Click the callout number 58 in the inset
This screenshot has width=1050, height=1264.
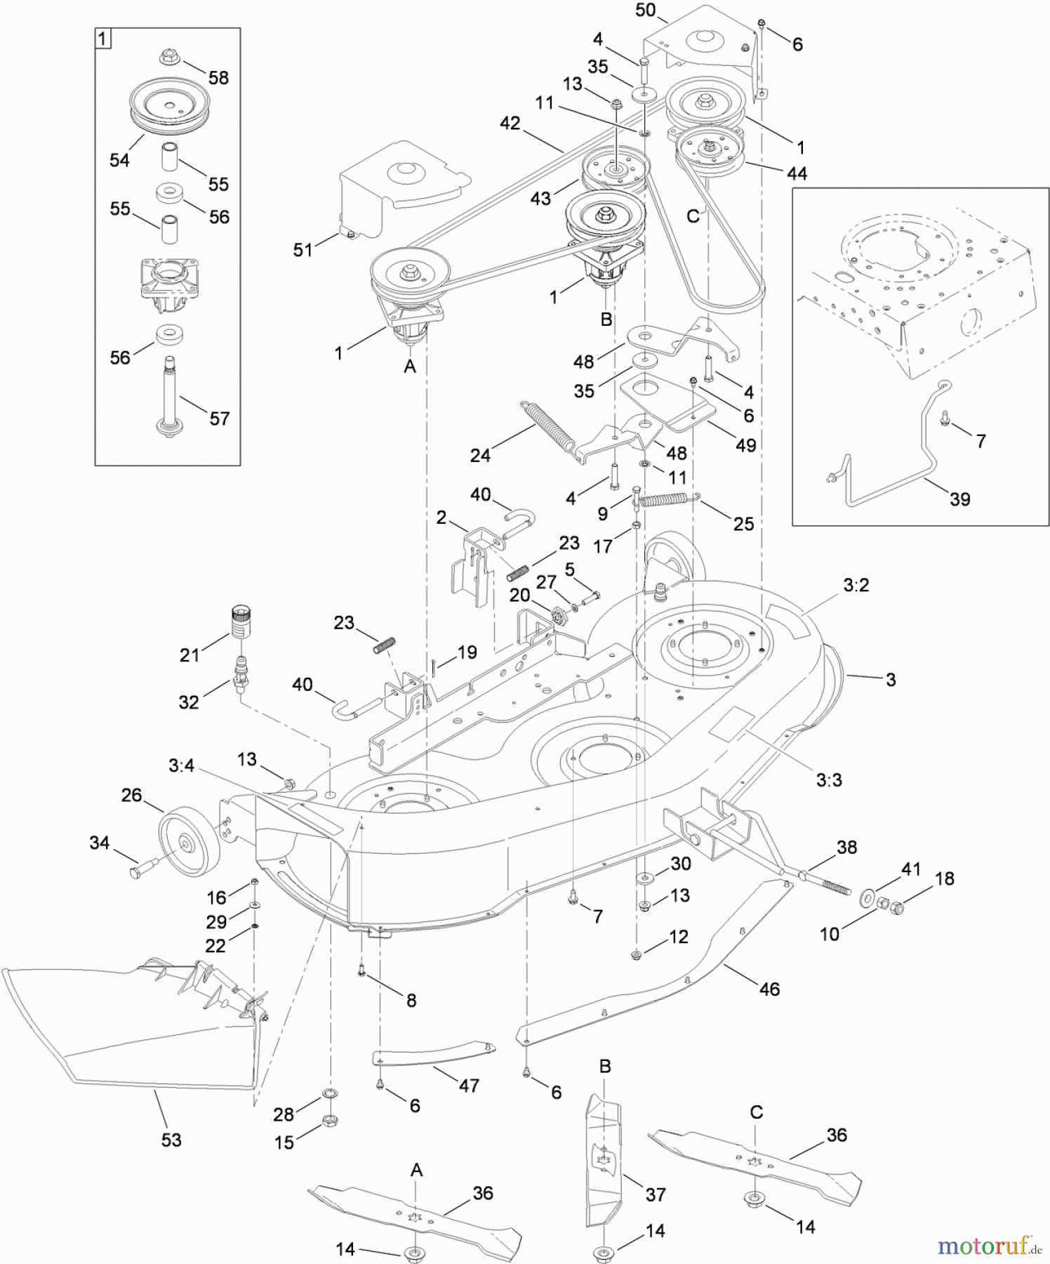tap(218, 78)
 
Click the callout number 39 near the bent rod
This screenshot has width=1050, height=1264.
tap(959, 499)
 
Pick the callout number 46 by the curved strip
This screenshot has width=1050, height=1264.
tap(769, 989)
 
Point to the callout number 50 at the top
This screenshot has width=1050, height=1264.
tap(645, 10)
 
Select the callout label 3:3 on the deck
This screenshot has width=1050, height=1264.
tap(829, 779)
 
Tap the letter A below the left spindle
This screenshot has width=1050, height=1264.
tap(411, 366)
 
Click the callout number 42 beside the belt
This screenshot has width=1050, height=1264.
tap(510, 123)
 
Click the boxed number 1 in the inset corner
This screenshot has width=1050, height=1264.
tap(102, 39)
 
